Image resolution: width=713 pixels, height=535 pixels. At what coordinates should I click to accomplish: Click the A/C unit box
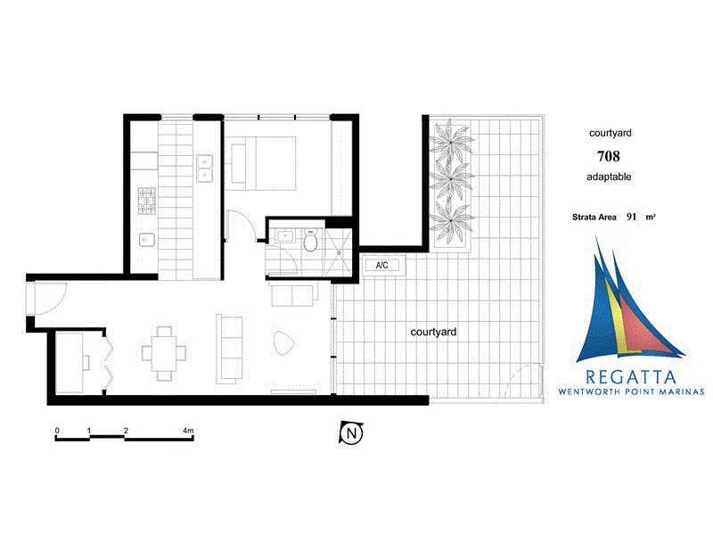[x=382, y=265]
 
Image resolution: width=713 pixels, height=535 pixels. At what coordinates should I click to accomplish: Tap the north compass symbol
[x=352, y=433]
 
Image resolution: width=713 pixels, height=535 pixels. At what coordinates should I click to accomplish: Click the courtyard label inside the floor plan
[x=434, y=332]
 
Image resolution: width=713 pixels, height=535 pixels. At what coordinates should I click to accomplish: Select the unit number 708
[x=609, y=155]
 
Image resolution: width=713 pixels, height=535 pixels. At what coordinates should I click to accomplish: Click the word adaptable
[x=609, y=177]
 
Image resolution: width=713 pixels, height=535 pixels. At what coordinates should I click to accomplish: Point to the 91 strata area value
[x=632, y=216]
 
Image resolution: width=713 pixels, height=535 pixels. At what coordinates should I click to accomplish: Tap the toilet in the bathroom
[x=310, y=242]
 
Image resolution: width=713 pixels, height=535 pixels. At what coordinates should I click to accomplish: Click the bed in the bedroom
[x=261, y=161]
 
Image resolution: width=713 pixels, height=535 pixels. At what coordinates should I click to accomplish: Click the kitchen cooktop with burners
[x=145, y=202]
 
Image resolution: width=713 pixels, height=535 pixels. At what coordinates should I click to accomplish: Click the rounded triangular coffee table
[x=283, y=343]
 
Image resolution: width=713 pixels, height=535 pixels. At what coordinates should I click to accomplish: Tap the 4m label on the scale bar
[x=188, y=431]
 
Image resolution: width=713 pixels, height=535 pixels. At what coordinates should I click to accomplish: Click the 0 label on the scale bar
[x=57, y=431]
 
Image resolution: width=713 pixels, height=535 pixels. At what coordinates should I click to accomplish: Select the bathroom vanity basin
[x=285, y=237]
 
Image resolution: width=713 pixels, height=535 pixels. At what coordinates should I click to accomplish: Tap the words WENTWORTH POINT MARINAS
[x=630, y=391]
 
